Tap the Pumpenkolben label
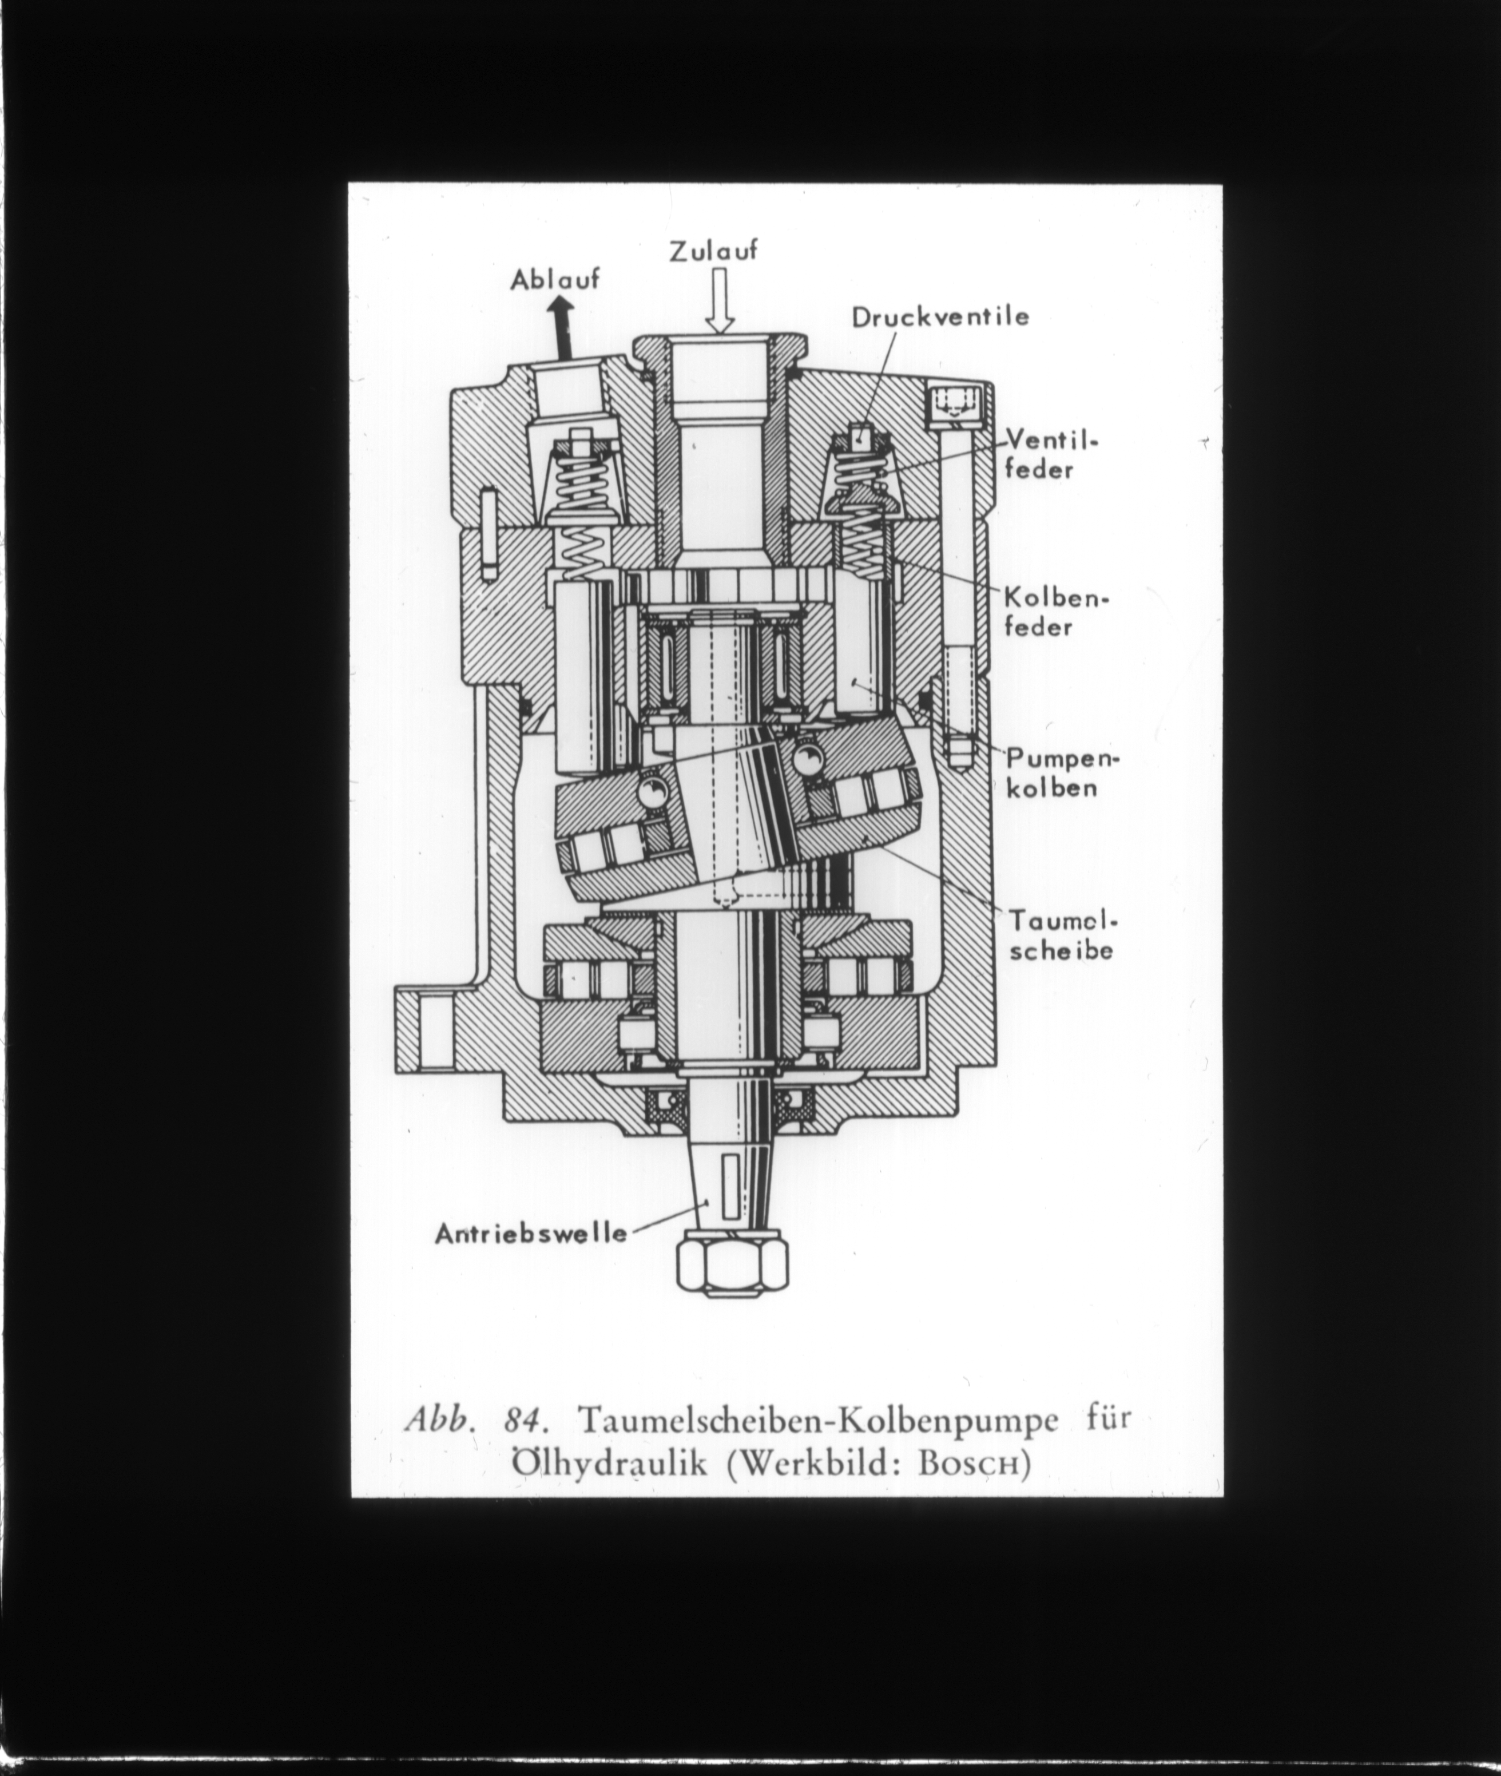tap(1062, 772)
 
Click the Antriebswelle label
tap(531, 1233)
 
